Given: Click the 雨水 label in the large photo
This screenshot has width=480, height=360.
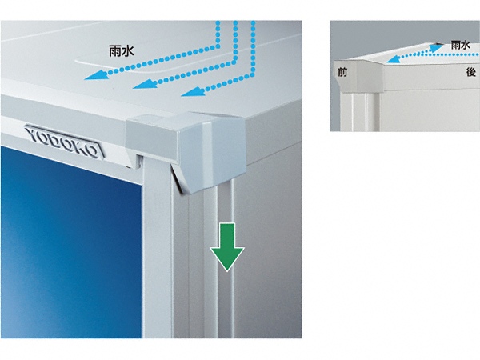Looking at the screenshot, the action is coord(122,51).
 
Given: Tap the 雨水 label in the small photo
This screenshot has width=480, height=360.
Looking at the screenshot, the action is coord(461,46).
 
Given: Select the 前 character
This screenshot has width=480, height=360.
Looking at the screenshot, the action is coord(342,72).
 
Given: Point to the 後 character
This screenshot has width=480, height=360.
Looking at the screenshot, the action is coord(471,72).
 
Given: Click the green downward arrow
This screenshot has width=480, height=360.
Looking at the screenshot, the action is coord(227,246).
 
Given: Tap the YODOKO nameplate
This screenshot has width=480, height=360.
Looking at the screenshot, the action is coord(65,142).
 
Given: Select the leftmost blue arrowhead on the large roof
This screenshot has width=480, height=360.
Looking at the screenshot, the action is coord(96,75).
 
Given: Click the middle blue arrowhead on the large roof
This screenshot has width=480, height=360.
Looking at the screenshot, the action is coord(144,84).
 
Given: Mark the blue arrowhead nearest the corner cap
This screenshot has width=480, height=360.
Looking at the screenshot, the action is coord(193,91).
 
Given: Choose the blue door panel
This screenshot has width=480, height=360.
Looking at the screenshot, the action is coord(71,242).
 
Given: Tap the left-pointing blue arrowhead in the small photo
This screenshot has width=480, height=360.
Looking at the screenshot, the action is coord(394,58).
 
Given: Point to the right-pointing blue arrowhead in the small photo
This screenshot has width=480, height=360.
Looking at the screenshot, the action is coord(437,47).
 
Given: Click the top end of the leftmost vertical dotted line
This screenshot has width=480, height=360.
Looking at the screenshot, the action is coord(218,22).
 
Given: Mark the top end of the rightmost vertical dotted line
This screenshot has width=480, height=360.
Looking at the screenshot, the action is coord(253,22).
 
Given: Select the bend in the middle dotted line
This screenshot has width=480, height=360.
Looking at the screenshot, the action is coord(235,60).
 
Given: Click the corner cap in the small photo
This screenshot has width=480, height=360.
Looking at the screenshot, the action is coord(358,76).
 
